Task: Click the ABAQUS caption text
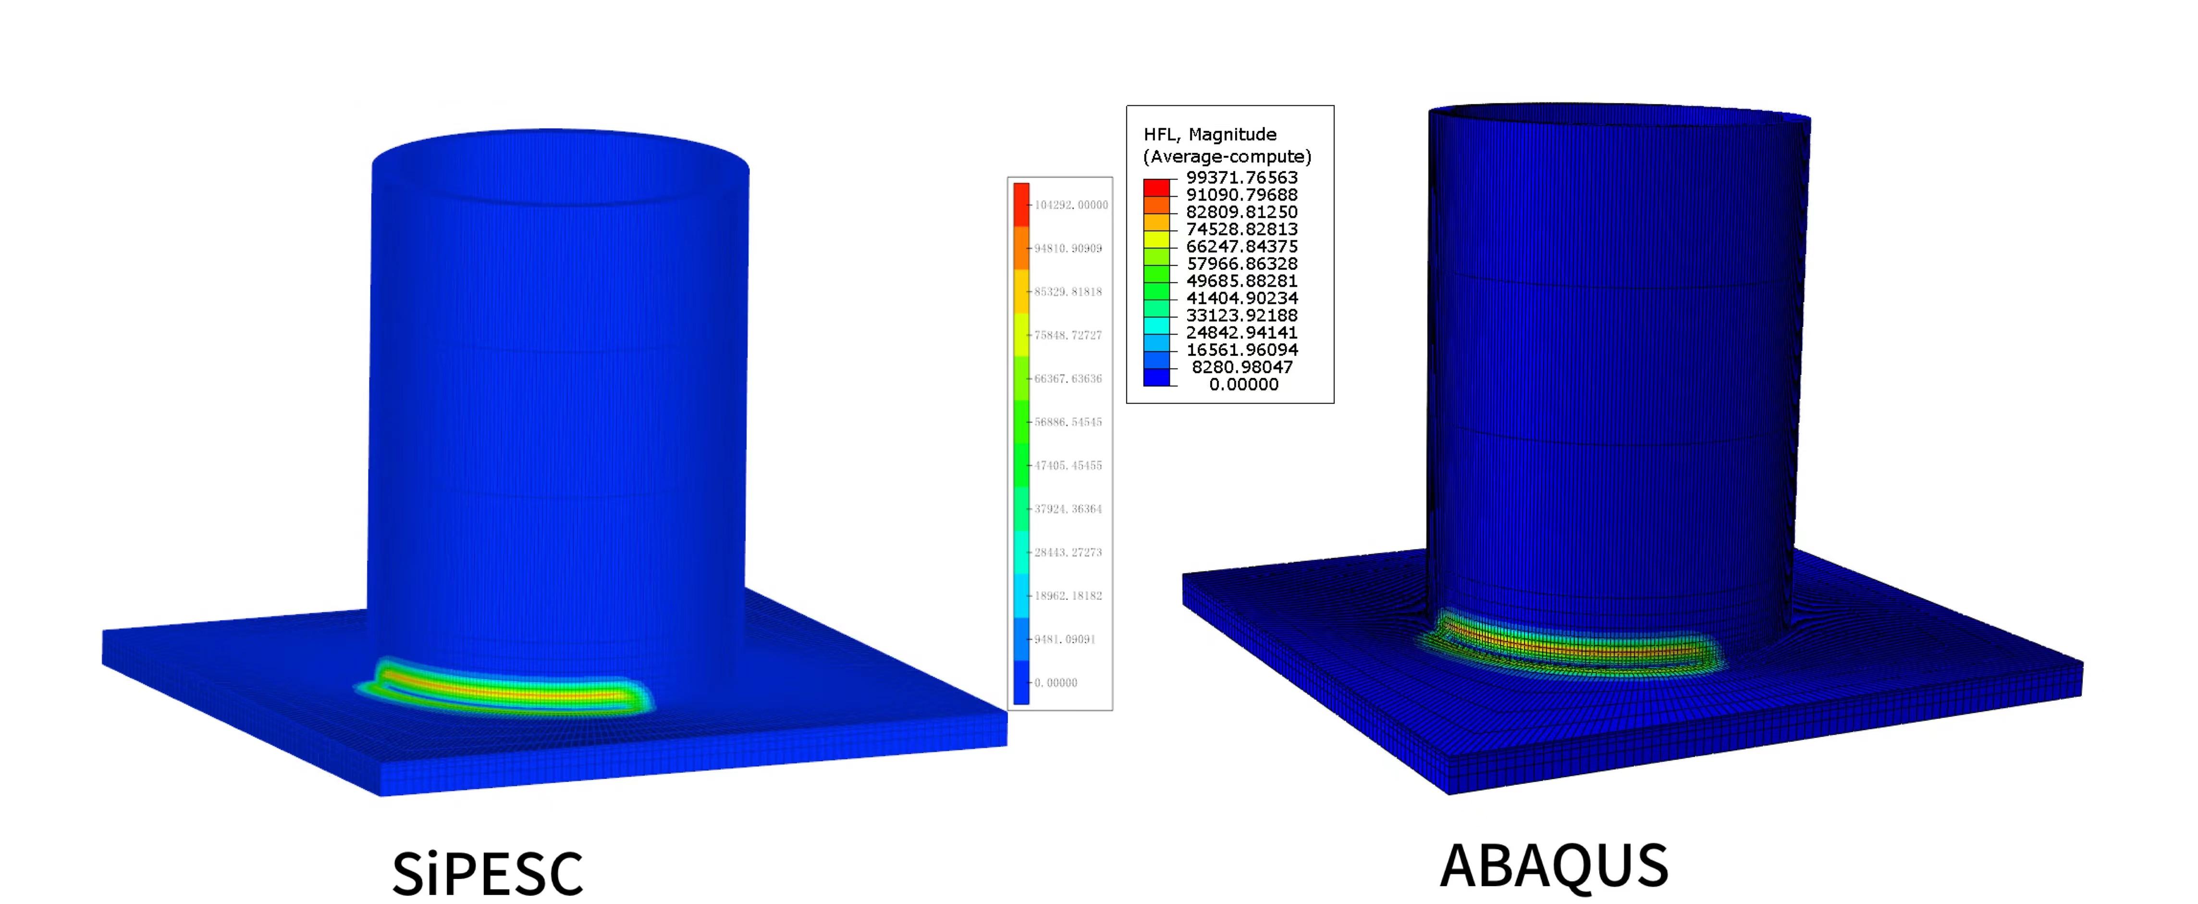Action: pos(1554,865)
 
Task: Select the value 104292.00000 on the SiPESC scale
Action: pos(1071,205)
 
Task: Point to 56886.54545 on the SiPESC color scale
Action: pos(1068,422)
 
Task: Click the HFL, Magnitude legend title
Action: pos(1210,134)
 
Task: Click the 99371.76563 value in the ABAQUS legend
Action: pos(1241,177)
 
